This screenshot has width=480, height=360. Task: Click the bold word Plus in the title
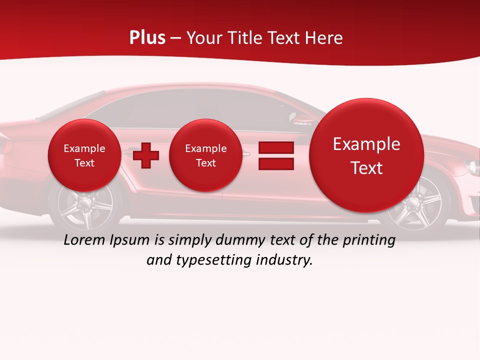click(x=147, y=38)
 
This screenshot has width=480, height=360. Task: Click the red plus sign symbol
click(x=146, y=155)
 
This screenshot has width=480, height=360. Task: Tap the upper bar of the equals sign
click(x=276, y=148)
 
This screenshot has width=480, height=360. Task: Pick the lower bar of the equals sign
click(x=276, y=164)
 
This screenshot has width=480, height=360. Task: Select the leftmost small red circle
click(x=84, y=155)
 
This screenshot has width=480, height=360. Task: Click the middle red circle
click(x=205, y=155)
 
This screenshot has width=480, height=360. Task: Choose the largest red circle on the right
click(x=366, y=155)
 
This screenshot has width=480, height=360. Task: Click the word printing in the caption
click(x=369, y=240)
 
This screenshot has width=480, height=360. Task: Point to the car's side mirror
click(x=298, y=119)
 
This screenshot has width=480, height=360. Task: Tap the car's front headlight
click(x=472, y=166)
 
